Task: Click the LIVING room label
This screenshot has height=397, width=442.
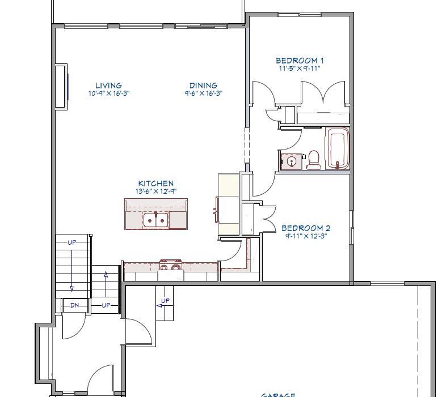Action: (x=108, y=86)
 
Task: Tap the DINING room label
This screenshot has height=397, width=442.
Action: (x=203, y=86)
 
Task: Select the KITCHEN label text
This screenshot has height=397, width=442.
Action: (x=155, y=183)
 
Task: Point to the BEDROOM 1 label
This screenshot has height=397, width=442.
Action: (x=300, y=61)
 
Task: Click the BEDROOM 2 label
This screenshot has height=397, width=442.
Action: (x=306, y=229)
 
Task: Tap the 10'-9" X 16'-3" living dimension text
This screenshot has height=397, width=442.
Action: (x=109, y=93)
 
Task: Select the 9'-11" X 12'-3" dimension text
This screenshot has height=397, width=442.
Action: (x=306, y=236)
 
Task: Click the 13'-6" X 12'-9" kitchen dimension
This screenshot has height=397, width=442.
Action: (x=155, y=191)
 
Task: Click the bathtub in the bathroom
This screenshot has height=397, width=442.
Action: (x=338, y=148)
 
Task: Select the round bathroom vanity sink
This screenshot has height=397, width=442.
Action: (x=292, y=161)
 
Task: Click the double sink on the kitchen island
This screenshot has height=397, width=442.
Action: (x=156, y=219)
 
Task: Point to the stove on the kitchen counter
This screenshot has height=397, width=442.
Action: (x=170, y=266)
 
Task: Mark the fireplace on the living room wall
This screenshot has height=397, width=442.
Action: (x=61, y=86)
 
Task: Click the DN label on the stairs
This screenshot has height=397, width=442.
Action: (x=74, y=305)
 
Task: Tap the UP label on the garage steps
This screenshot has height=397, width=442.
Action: (x=165, y=301)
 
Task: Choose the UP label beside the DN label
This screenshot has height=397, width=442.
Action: (x=106, y=305)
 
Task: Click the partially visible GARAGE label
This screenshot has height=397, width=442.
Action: (x=278, y=395)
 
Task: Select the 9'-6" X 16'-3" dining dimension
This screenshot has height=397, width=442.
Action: (x=203, y=93)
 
